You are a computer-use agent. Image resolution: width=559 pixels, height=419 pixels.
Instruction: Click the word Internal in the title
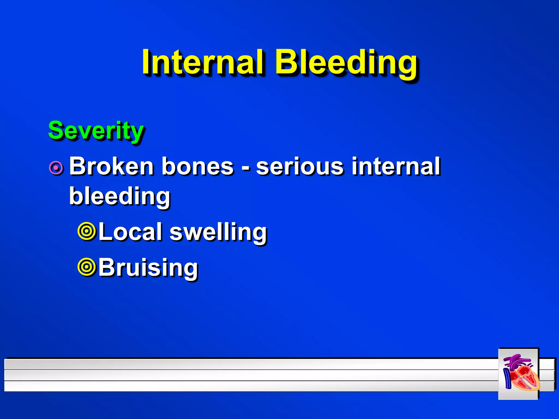(x=203, y=62)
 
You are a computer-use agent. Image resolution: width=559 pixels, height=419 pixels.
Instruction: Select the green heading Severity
(x=96, y=130)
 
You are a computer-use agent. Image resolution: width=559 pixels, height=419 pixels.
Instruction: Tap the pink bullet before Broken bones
(x=57, y=168)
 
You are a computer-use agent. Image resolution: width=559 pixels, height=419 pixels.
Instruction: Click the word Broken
(x=111, y=166)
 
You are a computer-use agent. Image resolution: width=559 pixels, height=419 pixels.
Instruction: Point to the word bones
(x=198, y=166)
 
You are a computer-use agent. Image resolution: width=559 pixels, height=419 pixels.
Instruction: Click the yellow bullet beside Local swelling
(x=87, y=231)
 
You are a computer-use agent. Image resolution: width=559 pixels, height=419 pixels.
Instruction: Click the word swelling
(x=218, y=232)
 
